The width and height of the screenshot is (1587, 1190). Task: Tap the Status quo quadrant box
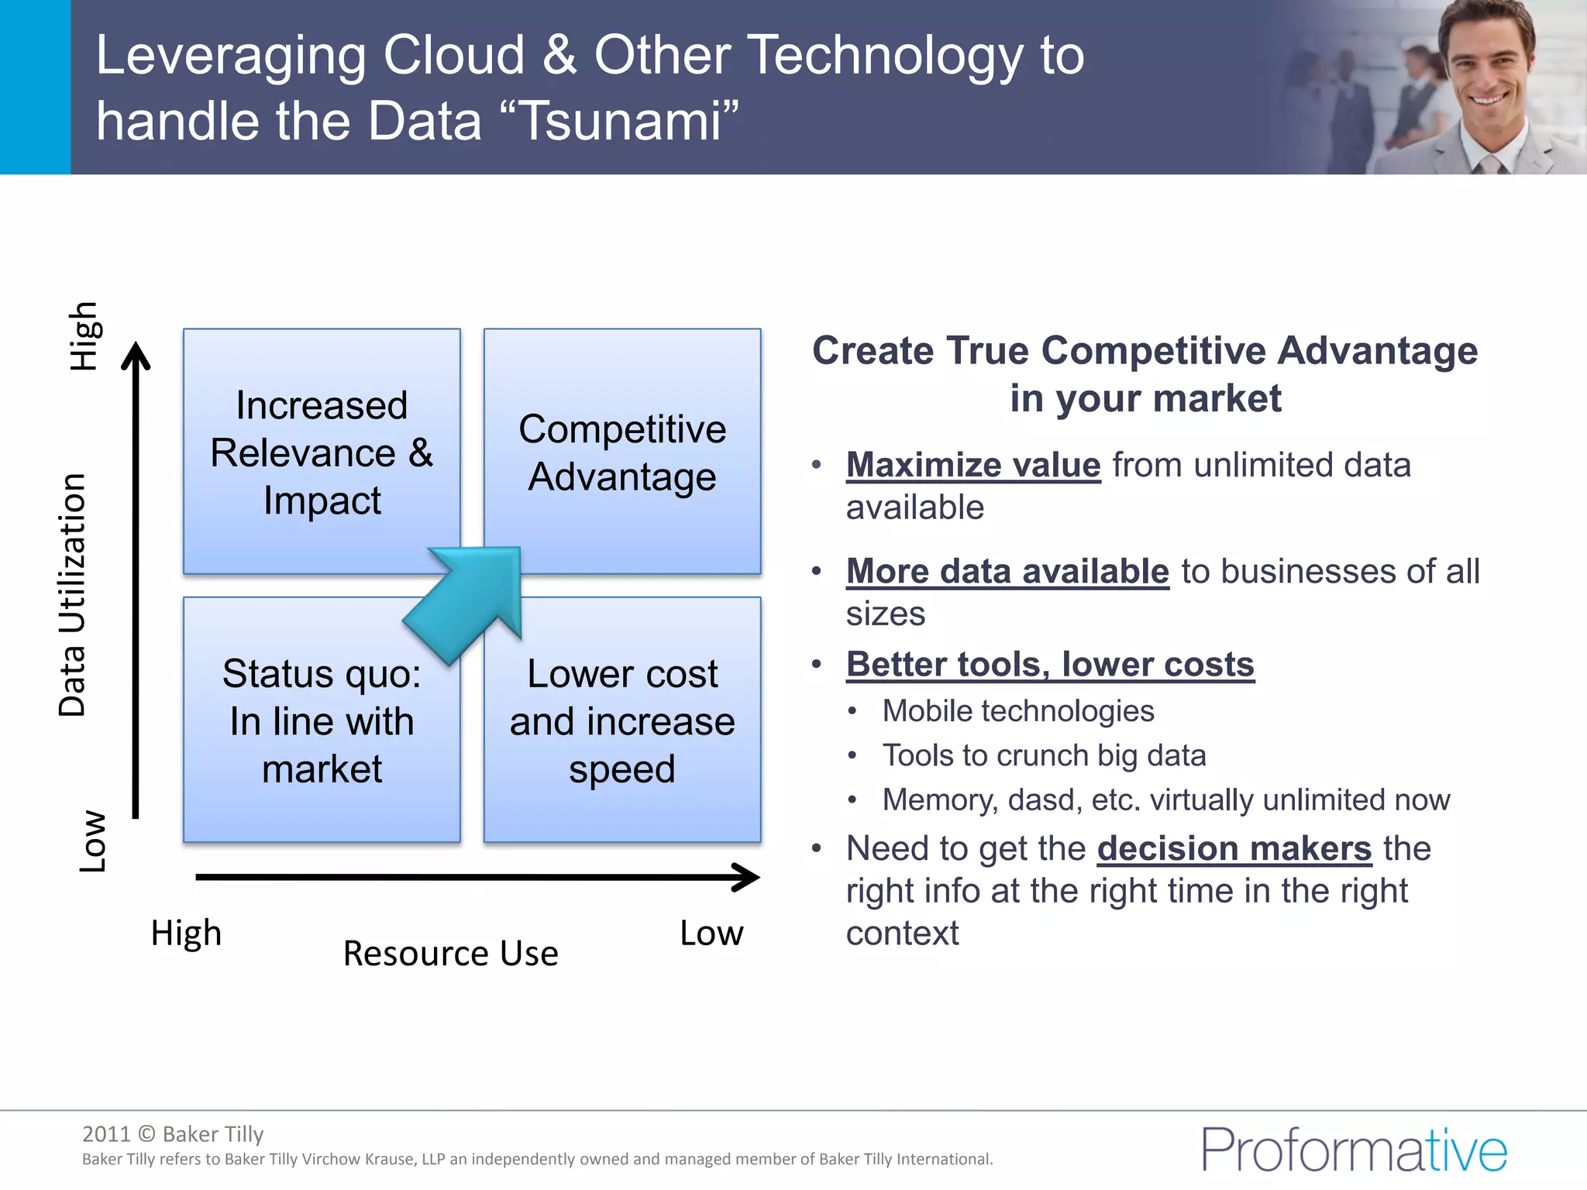pos(321,721)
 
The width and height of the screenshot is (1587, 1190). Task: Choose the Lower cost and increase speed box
pos(622,721)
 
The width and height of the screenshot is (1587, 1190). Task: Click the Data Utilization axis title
pos(73,594)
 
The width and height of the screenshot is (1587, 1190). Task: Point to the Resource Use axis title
pos(450,953)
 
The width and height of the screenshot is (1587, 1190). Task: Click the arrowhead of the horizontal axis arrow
pos(749,877)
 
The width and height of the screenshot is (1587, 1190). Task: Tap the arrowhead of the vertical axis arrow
pos(136,356)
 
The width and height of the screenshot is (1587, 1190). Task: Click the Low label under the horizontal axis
pos(711,933)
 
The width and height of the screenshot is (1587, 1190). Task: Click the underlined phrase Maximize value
pos(973,465)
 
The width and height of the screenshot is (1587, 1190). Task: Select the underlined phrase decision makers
pos(1234,848)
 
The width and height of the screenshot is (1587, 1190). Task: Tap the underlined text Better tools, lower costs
pos(1050,664)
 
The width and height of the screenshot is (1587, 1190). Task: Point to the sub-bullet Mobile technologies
pos(1017,710)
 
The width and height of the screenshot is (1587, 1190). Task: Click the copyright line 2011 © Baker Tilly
pos(173,1133)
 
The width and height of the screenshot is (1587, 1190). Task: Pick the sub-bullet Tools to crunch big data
pos(1044,755)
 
